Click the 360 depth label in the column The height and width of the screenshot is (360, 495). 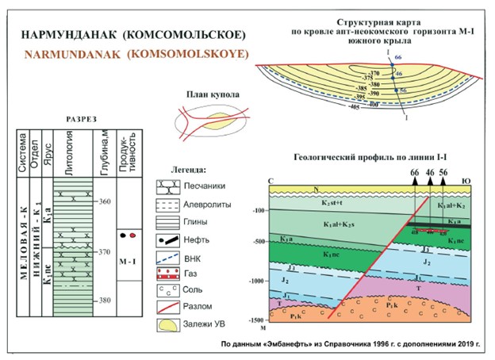click(x=105, y=201)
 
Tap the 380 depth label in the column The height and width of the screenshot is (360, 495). click(x=105, y=301)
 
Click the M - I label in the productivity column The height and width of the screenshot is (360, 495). click(x=126, y=260)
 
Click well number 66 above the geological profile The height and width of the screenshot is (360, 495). click(x=413, y=171)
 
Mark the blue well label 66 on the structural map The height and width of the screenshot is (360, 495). click(x=398, y=58)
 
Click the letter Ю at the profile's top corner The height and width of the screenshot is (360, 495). click(x=468, y=182)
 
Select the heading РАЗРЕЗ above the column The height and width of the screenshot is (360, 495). click(x=81, y=119)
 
